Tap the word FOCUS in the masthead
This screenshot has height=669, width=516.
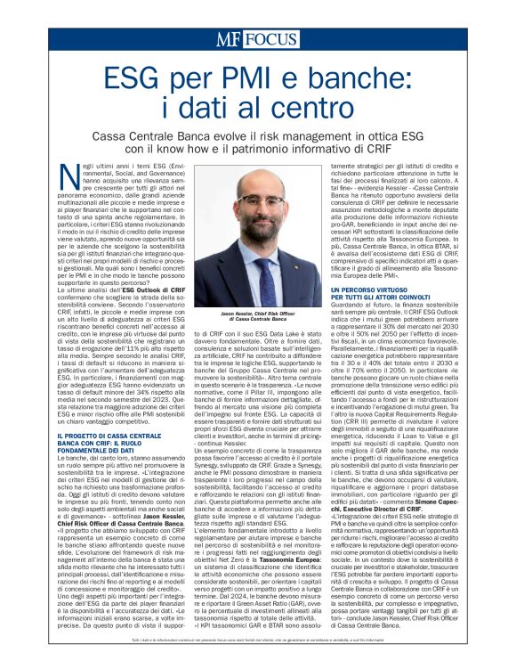tap(270, 38)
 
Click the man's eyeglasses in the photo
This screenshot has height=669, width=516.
tap(258, 202)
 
